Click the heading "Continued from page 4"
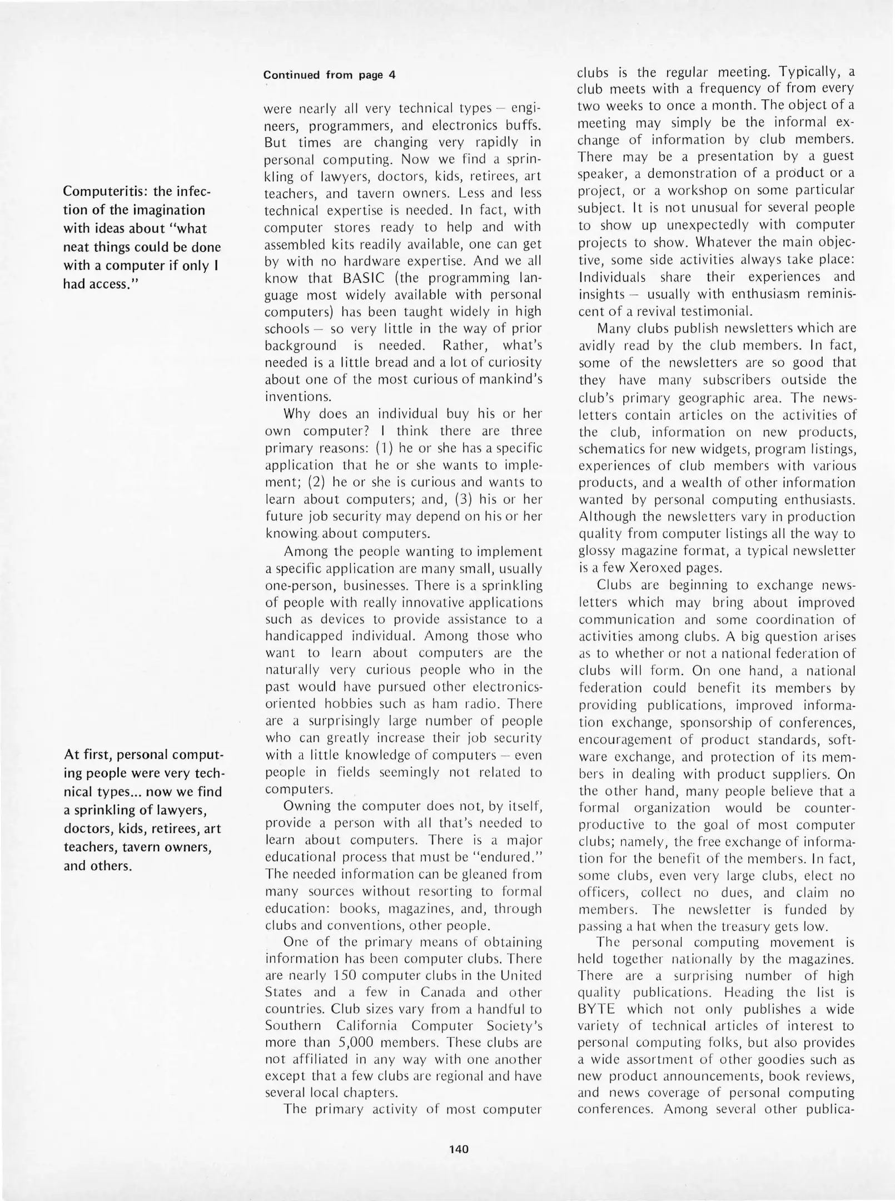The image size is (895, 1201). [x=329, y=75]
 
